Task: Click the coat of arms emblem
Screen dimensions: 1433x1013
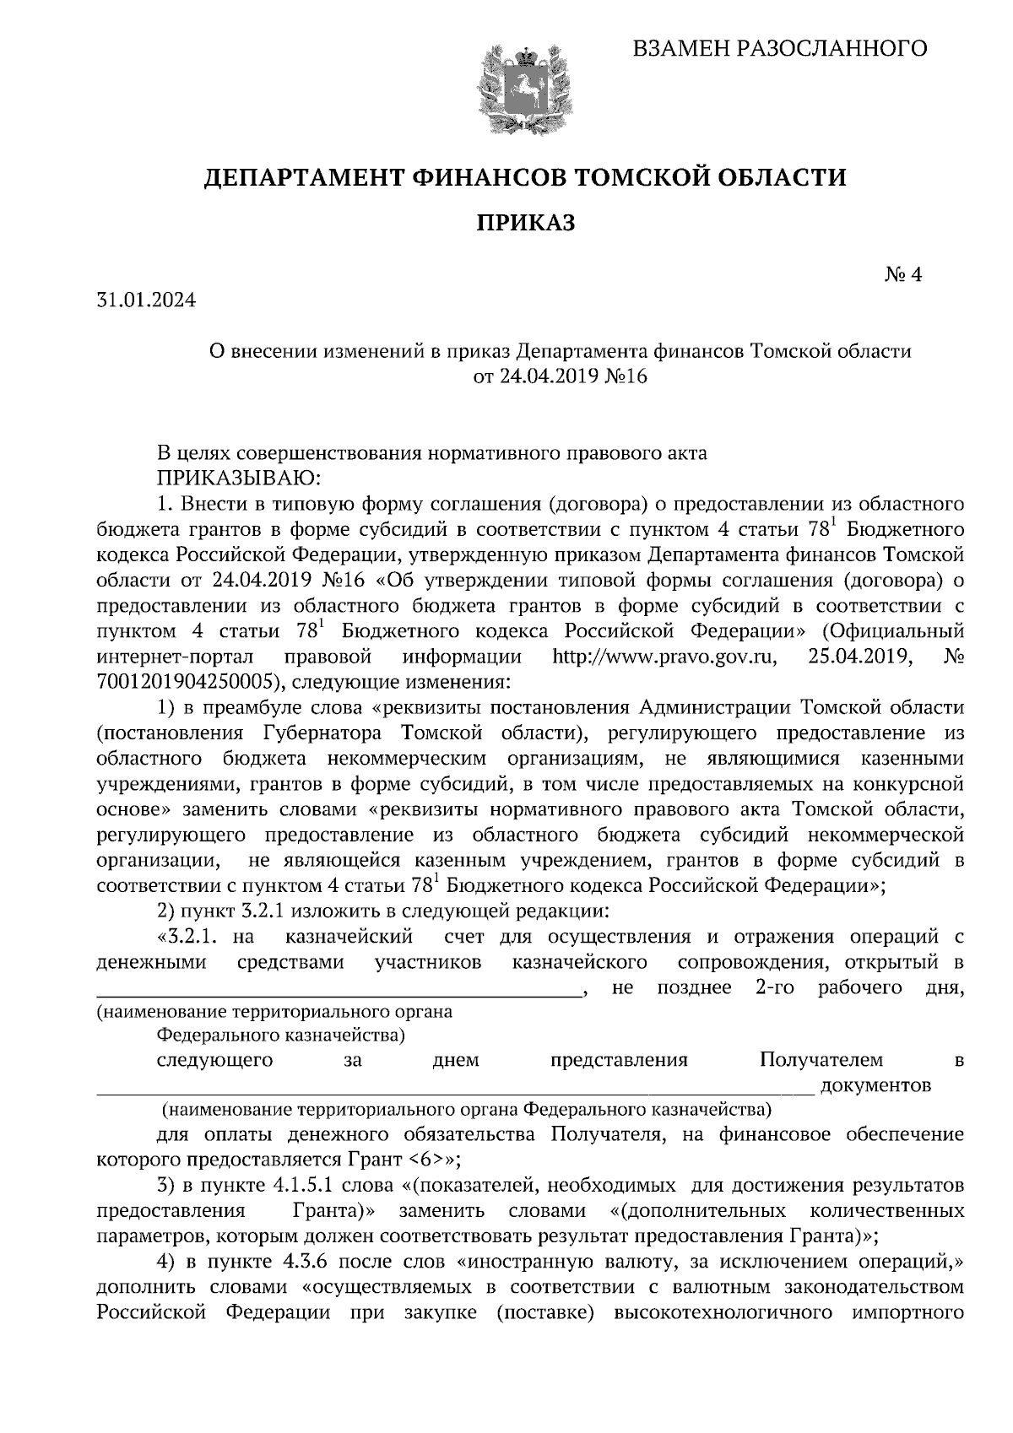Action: [514, 90]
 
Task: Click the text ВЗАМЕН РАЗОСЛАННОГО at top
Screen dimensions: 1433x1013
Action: [780, 48]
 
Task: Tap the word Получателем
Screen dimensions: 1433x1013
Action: [821, 1059]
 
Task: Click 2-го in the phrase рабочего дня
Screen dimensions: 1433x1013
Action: [772, 987]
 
